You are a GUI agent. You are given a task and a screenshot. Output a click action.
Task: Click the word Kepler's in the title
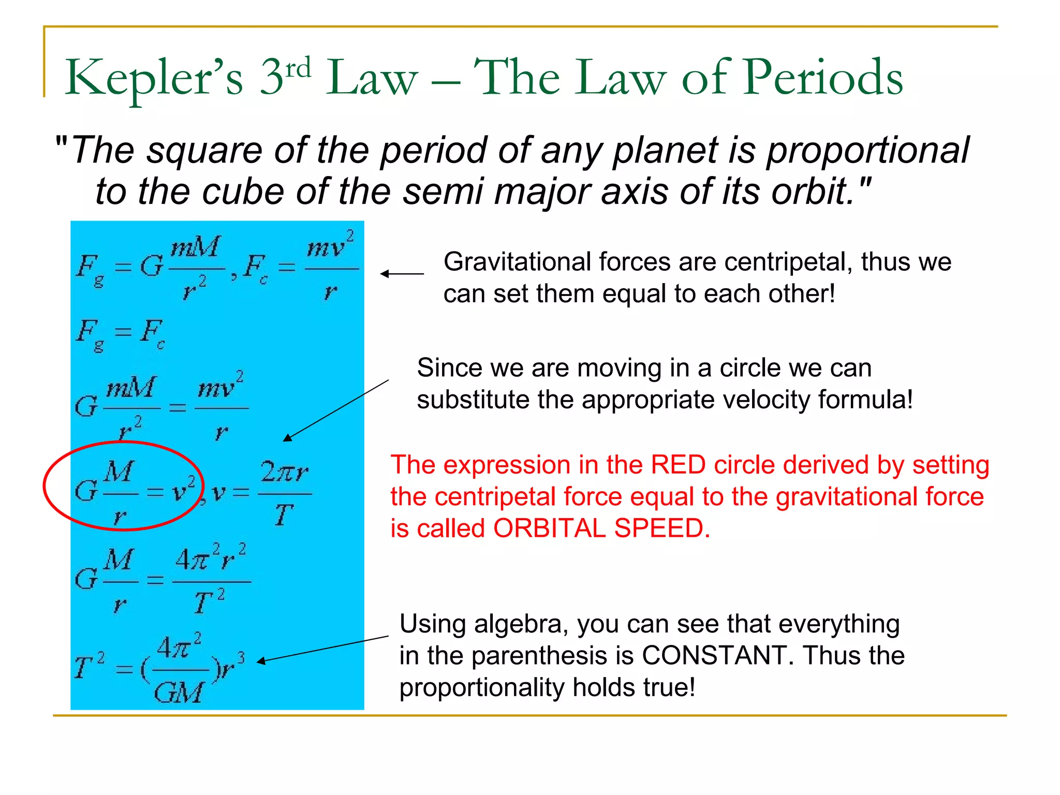[153, 79]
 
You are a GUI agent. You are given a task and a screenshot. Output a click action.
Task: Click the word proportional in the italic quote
[867, 151]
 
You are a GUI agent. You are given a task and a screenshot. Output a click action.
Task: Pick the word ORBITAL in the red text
[550, 528]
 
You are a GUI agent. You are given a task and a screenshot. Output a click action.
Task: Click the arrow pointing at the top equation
[402, 274]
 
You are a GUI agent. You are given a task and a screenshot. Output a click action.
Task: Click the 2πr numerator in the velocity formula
[284, 472]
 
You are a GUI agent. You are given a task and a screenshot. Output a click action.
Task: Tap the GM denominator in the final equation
[178, 692]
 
